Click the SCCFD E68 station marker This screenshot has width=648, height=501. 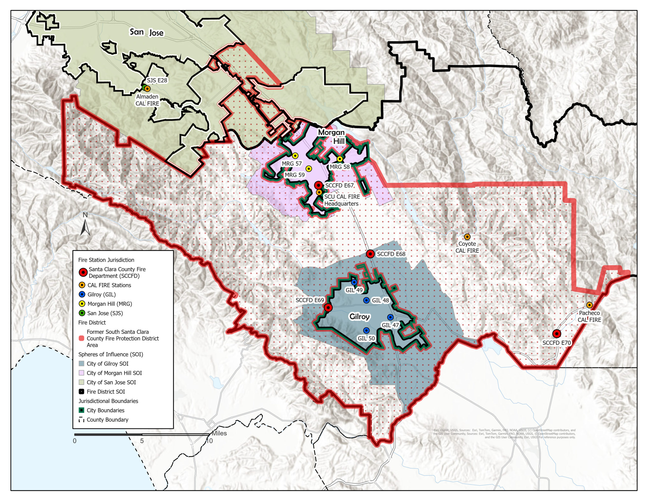tap(370, 254)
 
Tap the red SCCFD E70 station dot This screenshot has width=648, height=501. tap(557, 334)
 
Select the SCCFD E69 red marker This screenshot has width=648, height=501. tap(328, 307)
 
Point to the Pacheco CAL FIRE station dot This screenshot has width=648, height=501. tap(589, 305)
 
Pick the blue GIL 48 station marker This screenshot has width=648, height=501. tap(367, 300)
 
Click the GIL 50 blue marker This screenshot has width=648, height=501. tap(366, 330)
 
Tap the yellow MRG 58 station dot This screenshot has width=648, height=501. tap(340, 159)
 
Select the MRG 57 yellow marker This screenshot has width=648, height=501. tap(295, 156)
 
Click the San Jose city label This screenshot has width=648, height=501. tap(147, 32)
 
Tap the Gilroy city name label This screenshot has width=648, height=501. tap(359, 316)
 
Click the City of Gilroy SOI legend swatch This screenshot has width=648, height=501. tap(82, 363)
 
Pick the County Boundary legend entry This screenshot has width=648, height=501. tap(107, 420)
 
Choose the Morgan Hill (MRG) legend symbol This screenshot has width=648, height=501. tap(82, 303)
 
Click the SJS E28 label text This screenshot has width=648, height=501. tap(157, 81)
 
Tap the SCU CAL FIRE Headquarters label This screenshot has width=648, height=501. tap(341, 200)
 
